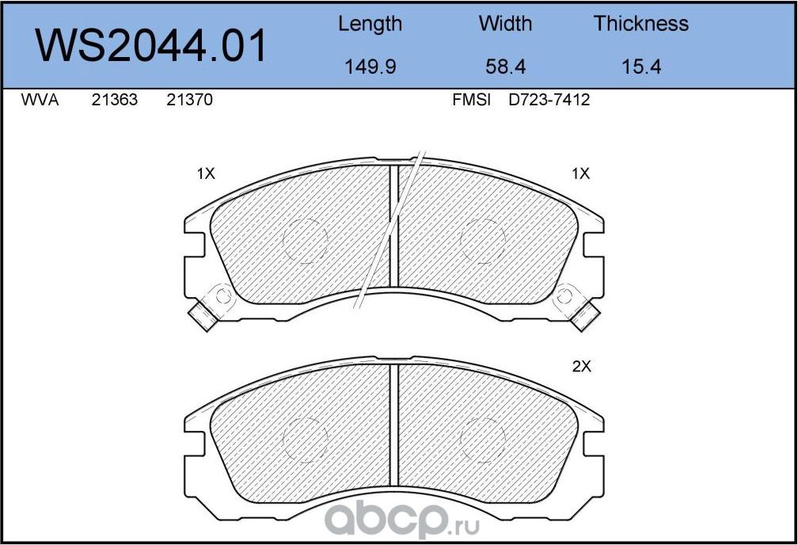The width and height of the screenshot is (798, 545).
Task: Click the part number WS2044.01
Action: [150, 46]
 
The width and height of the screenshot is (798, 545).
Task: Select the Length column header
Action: [370, 25]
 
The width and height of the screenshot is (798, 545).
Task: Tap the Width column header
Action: [505, 24]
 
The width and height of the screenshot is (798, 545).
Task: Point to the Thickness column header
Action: [640, 24]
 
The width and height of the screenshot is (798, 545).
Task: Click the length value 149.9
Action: [370, 67]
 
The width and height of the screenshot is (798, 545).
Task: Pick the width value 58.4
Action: [505, 67]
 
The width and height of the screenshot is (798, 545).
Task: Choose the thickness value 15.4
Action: [640, 67]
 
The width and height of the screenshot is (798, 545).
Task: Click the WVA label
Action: [40, 100]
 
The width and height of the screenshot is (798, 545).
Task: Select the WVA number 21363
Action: [115, 100]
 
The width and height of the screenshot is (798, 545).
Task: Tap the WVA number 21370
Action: [189, 100]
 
